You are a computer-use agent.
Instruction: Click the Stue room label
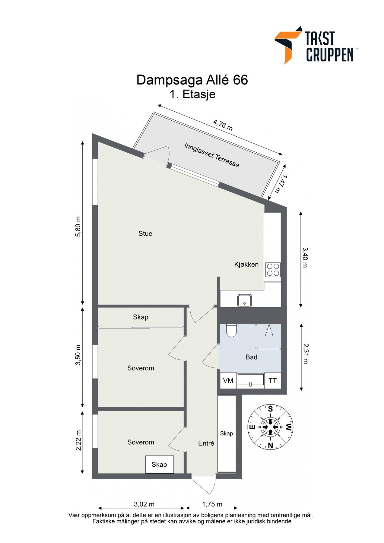click(145, 233)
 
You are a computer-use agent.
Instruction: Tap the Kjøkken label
click(246, 265)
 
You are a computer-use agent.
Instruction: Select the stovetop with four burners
click(273, 270)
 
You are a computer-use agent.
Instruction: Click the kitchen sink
click(244, 300)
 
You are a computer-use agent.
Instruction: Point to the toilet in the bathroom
click(232, 331)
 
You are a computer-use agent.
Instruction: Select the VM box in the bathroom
click(228, 381)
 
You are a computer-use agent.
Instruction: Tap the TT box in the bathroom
click(273, 381)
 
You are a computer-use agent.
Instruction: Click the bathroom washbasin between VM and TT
click(250, 381)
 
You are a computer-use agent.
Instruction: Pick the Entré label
click(206, 443)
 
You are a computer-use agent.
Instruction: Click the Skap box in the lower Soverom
click(159, 465)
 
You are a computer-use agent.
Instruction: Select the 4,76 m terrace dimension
click(223, 125)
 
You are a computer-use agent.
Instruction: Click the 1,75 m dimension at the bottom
click(212, 504)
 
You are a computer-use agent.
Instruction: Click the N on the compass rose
click(270, 445)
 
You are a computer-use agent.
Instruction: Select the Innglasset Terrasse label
click(211, 155)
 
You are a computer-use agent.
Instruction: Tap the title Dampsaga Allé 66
click(192, 80)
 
